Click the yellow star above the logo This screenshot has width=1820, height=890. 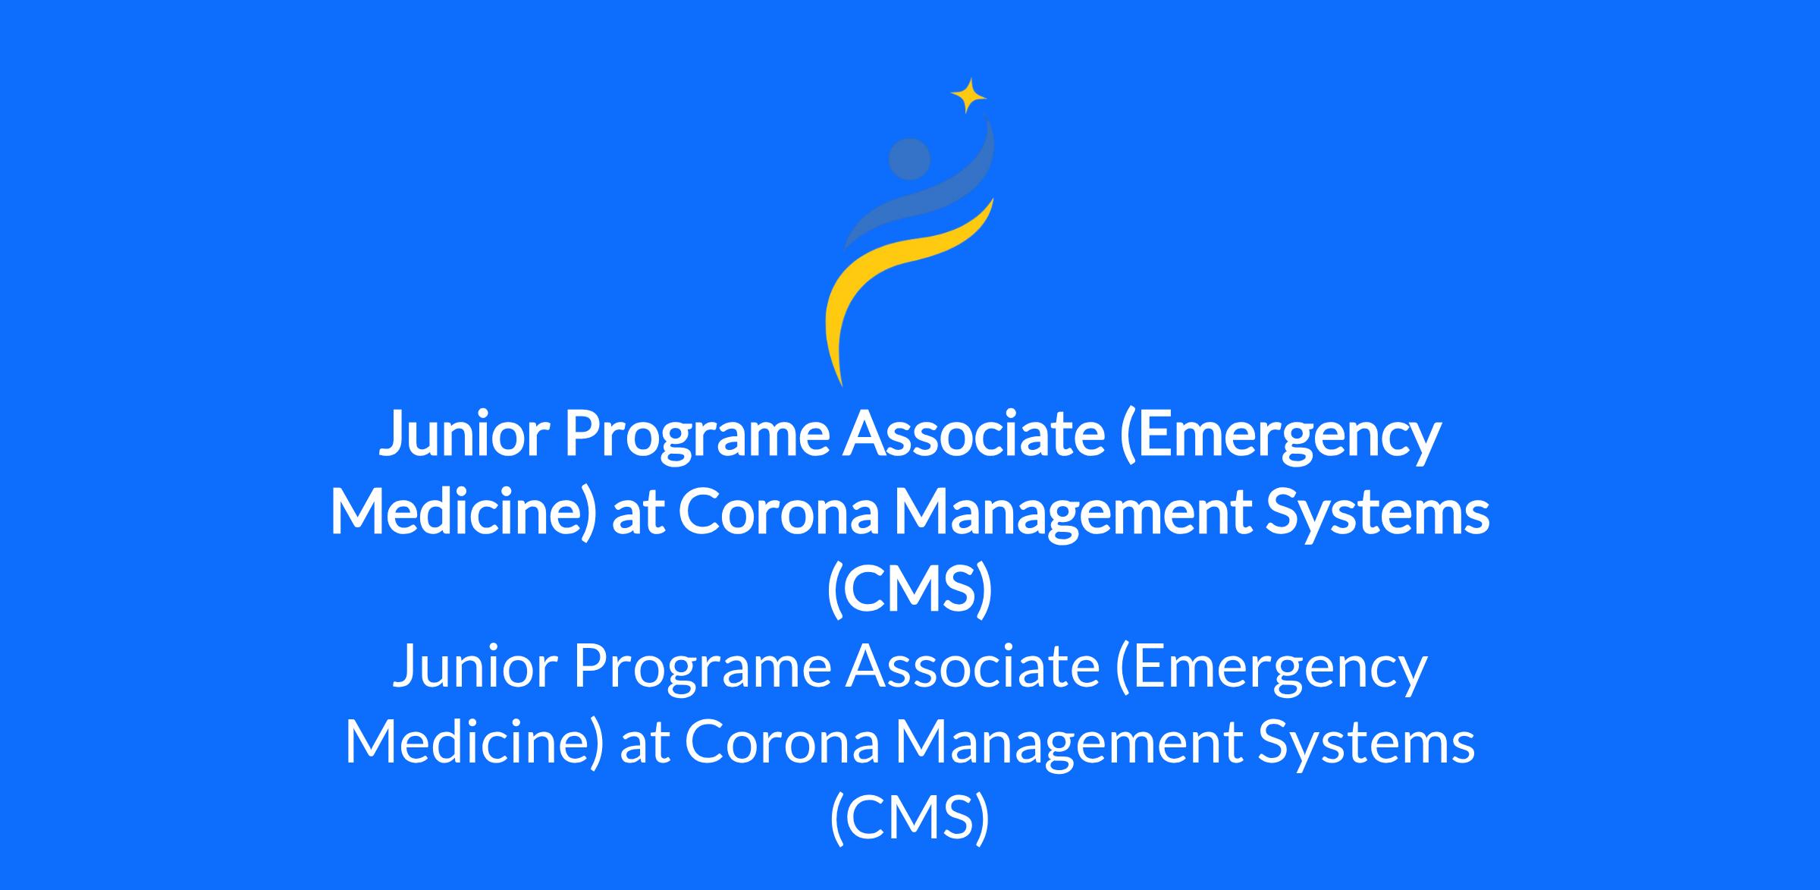tap(968, 96)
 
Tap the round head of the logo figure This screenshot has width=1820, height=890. tap(909, 159)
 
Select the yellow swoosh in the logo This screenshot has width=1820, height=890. tap(895, 273)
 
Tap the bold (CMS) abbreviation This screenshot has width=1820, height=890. tap(909, 589)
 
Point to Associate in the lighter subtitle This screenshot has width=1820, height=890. tap(973, 665)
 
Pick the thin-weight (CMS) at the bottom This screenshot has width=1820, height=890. tap(909, 819)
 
